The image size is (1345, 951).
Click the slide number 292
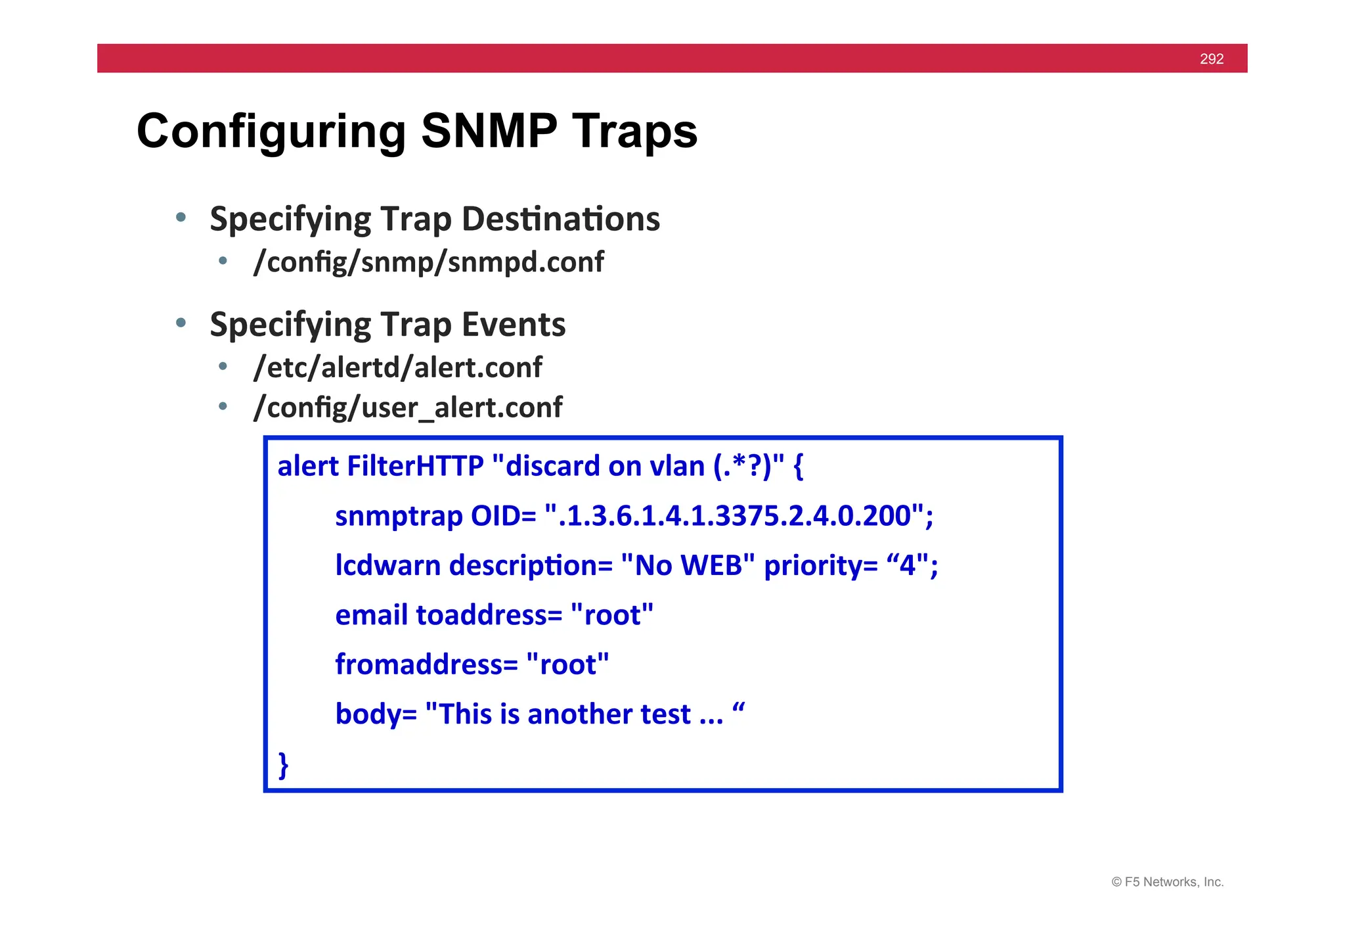pos(1211,59)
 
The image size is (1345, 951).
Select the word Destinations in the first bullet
pos(561,219)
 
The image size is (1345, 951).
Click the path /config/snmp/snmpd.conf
pos(428,262)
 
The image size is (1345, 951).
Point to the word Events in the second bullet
pos(513,325)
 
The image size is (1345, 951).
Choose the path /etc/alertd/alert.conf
pos(398,367)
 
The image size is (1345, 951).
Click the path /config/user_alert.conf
pos(408,407)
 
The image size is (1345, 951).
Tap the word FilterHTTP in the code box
pos(415,466)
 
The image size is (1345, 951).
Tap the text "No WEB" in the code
pos(687,565)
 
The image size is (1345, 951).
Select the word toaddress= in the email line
pos(489,615)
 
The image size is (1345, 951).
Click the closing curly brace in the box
pos(283,765)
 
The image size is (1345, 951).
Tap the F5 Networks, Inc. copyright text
pos(1167,882)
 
